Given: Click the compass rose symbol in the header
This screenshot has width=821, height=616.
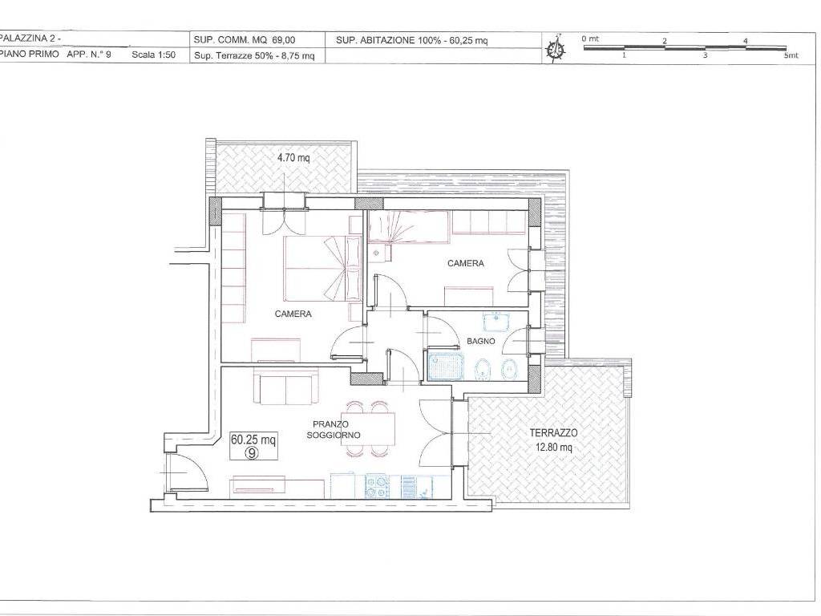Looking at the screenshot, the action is tap(556, 48).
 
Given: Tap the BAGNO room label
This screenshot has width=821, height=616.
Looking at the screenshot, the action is tap(481, 341).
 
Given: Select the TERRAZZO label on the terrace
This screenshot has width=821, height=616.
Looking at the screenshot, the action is tap(553, 432).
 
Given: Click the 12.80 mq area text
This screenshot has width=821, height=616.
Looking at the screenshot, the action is tap(553, 448).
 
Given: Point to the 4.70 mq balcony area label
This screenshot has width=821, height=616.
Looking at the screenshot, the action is tap(293, 156).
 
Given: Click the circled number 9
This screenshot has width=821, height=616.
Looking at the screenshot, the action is tap(252, 453).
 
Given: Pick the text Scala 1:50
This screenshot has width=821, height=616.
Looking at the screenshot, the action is tap(153, 55).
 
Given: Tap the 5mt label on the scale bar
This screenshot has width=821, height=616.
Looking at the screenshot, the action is tap(791, 55).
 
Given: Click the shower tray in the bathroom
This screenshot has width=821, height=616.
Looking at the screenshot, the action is tap(446, 366).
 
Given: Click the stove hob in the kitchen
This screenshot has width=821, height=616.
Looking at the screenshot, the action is tap(377, 487).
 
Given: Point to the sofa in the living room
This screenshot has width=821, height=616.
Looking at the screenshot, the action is tap(285, 386).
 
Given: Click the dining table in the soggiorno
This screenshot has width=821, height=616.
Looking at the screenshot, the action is tap(368, 428).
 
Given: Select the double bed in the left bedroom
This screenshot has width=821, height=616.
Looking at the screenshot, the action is tap(322, 269).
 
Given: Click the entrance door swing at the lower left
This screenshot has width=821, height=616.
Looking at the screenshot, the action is tap(188, 472).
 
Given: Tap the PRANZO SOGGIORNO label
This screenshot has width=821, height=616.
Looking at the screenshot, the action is tap(334, 430).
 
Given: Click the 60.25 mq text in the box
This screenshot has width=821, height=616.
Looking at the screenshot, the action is tap(253, 440).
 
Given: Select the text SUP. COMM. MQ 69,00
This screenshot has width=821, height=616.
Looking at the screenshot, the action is tap(245, 40).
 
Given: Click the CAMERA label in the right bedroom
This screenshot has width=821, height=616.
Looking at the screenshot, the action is tap(466, 263).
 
